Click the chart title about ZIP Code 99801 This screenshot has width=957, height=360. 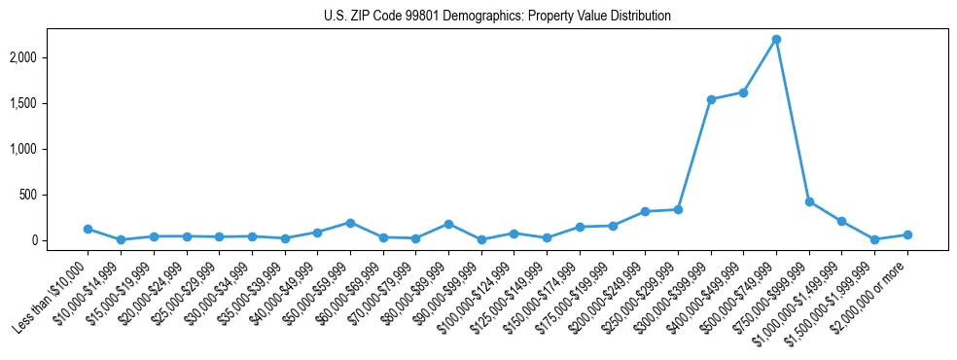(497, 17)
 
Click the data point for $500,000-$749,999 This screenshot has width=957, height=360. (776, 39)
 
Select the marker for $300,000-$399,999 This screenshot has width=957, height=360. (711, 99)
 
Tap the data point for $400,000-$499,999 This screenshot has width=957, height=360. (743, 92)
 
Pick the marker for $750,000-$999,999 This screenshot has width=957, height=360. (809, 201)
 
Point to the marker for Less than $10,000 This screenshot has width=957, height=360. (88, 229)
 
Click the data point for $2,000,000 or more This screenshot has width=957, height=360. (907, 234)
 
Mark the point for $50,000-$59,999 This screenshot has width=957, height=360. (350, 223)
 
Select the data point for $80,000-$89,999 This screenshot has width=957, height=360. (448, 224)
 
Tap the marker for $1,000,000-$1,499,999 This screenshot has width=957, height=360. (842, 221)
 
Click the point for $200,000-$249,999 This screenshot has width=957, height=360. (645, 211)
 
